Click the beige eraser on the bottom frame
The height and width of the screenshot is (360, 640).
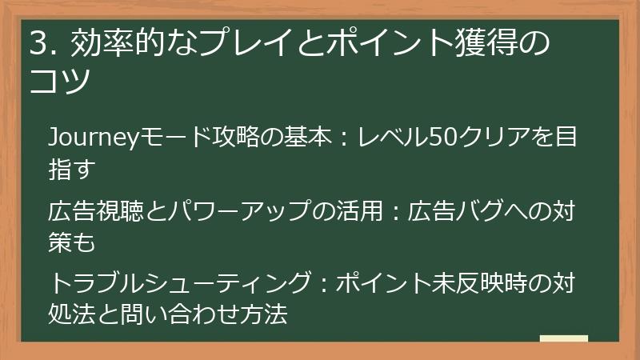(x=563, y=338)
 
